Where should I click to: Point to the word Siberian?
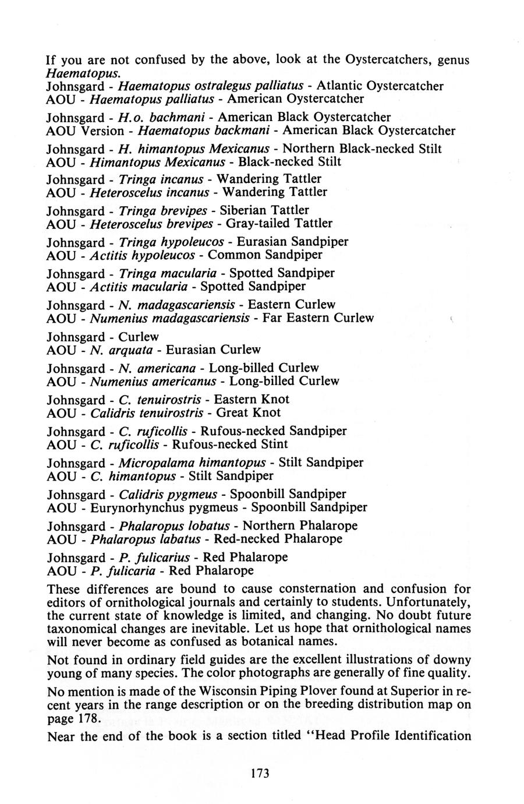click(x=261, y=210)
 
